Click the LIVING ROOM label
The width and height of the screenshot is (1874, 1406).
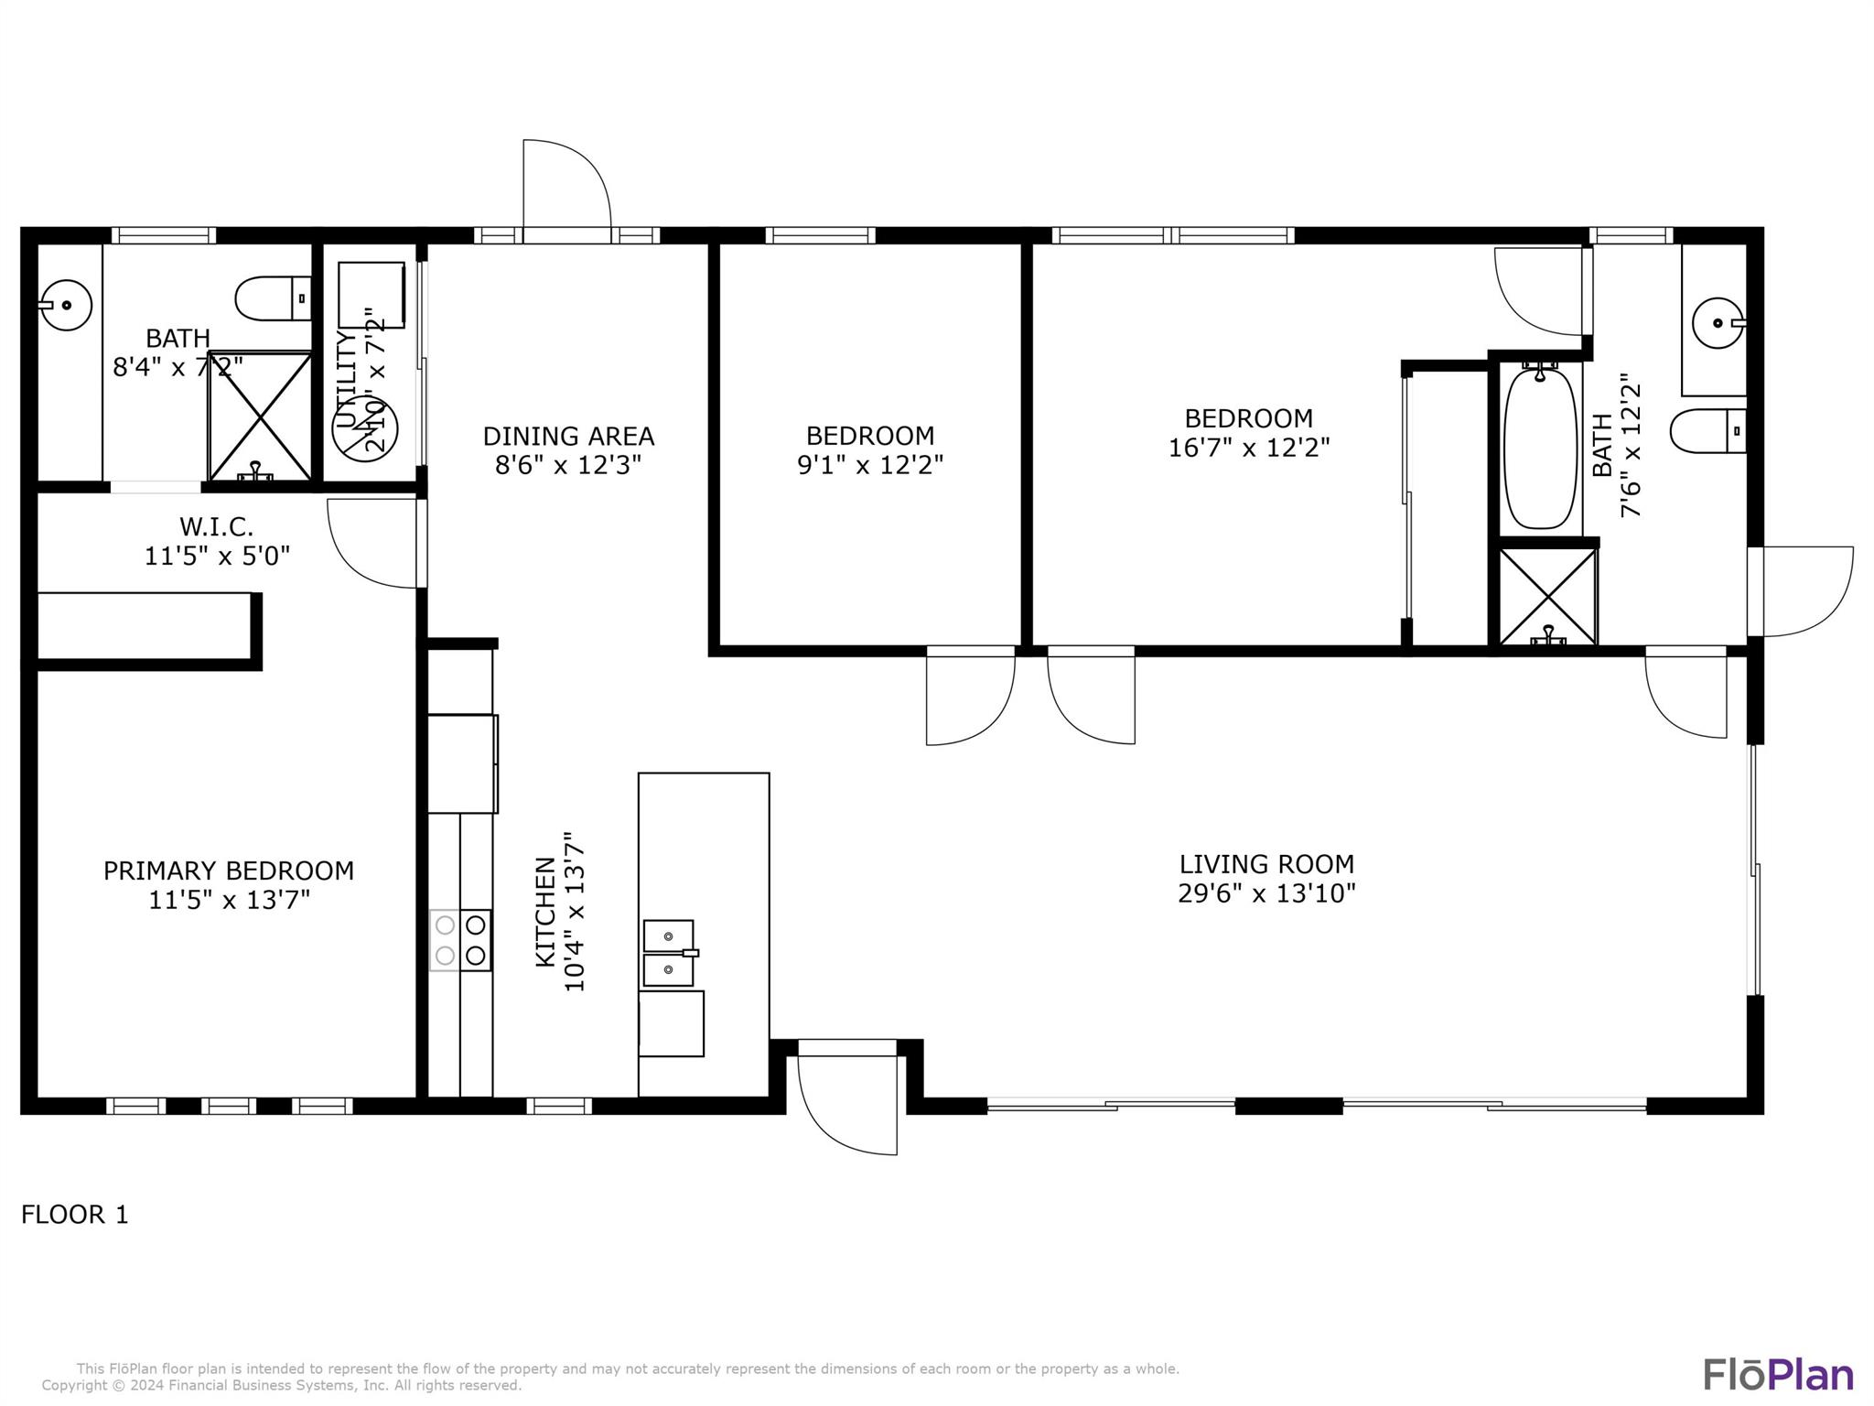coord(1265,864)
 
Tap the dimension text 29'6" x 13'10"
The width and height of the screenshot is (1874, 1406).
coord(1265,893)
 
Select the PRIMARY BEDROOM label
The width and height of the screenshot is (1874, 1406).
coord(228,871)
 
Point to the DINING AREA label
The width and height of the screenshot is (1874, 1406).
coord(568,436)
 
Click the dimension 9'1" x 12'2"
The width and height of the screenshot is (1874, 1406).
coord(869,465)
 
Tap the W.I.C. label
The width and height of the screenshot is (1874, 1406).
coord(216,526)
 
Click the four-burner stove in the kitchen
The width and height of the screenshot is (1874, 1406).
coord(460,940)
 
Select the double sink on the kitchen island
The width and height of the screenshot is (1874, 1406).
coord(669,953)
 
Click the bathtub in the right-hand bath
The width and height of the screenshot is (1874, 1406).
coord(1542,448)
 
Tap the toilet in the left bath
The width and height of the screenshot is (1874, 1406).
coord(272,298)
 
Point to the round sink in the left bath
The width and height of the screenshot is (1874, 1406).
coord(66,305)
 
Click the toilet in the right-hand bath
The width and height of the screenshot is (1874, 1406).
coord(1707,430)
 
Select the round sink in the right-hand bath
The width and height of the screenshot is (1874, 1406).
coord(1718,323)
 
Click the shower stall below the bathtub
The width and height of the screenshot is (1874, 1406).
coord(1547,595)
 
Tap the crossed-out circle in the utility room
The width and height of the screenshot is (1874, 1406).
coord(365,427)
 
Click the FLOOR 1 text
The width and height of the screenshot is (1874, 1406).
coord(75,1215)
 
